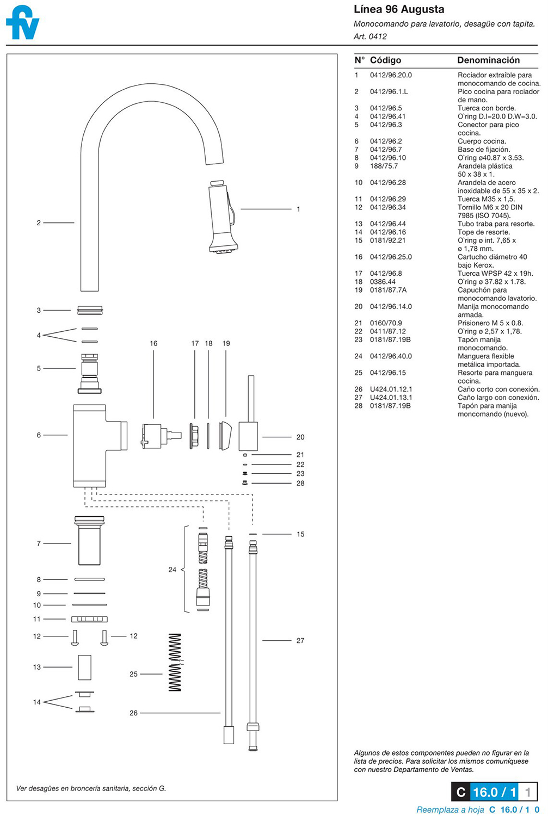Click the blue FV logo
tap(22, 23)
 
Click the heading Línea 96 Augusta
tap(398, 9)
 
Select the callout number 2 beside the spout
tap(39, 222)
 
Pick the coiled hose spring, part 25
tap(175, 662)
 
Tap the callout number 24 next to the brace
tap(172, 570)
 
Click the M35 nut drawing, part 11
tap(89, 619)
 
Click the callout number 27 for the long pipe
tap(300, 640)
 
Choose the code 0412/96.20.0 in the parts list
tap(391, 75)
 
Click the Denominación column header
tap(488, 60)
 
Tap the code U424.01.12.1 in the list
tap(391, 390)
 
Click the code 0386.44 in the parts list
tap(383, 282)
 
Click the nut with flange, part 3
tap(90, 310)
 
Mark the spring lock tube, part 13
tap(84, 667)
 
